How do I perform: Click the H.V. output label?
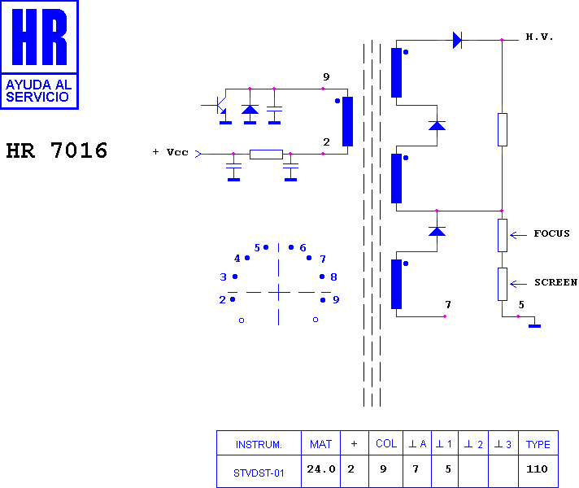539,37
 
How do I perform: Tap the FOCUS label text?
551,233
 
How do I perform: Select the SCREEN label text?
555,282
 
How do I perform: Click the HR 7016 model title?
56,150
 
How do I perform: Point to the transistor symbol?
220,105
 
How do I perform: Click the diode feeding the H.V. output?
457,40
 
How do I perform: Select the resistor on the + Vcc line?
266,154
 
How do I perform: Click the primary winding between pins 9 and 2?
347,121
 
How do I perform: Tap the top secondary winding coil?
396,72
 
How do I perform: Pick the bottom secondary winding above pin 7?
396,284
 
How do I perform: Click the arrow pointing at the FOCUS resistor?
518,235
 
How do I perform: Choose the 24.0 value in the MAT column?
321,469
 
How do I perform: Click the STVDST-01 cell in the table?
259,473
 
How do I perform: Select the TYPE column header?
538,444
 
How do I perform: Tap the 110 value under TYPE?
537,469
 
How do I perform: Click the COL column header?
386,443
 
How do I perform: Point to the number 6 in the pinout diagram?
303,247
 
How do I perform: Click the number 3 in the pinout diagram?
223,277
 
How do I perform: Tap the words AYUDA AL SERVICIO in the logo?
39,91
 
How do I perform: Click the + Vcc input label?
170,152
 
